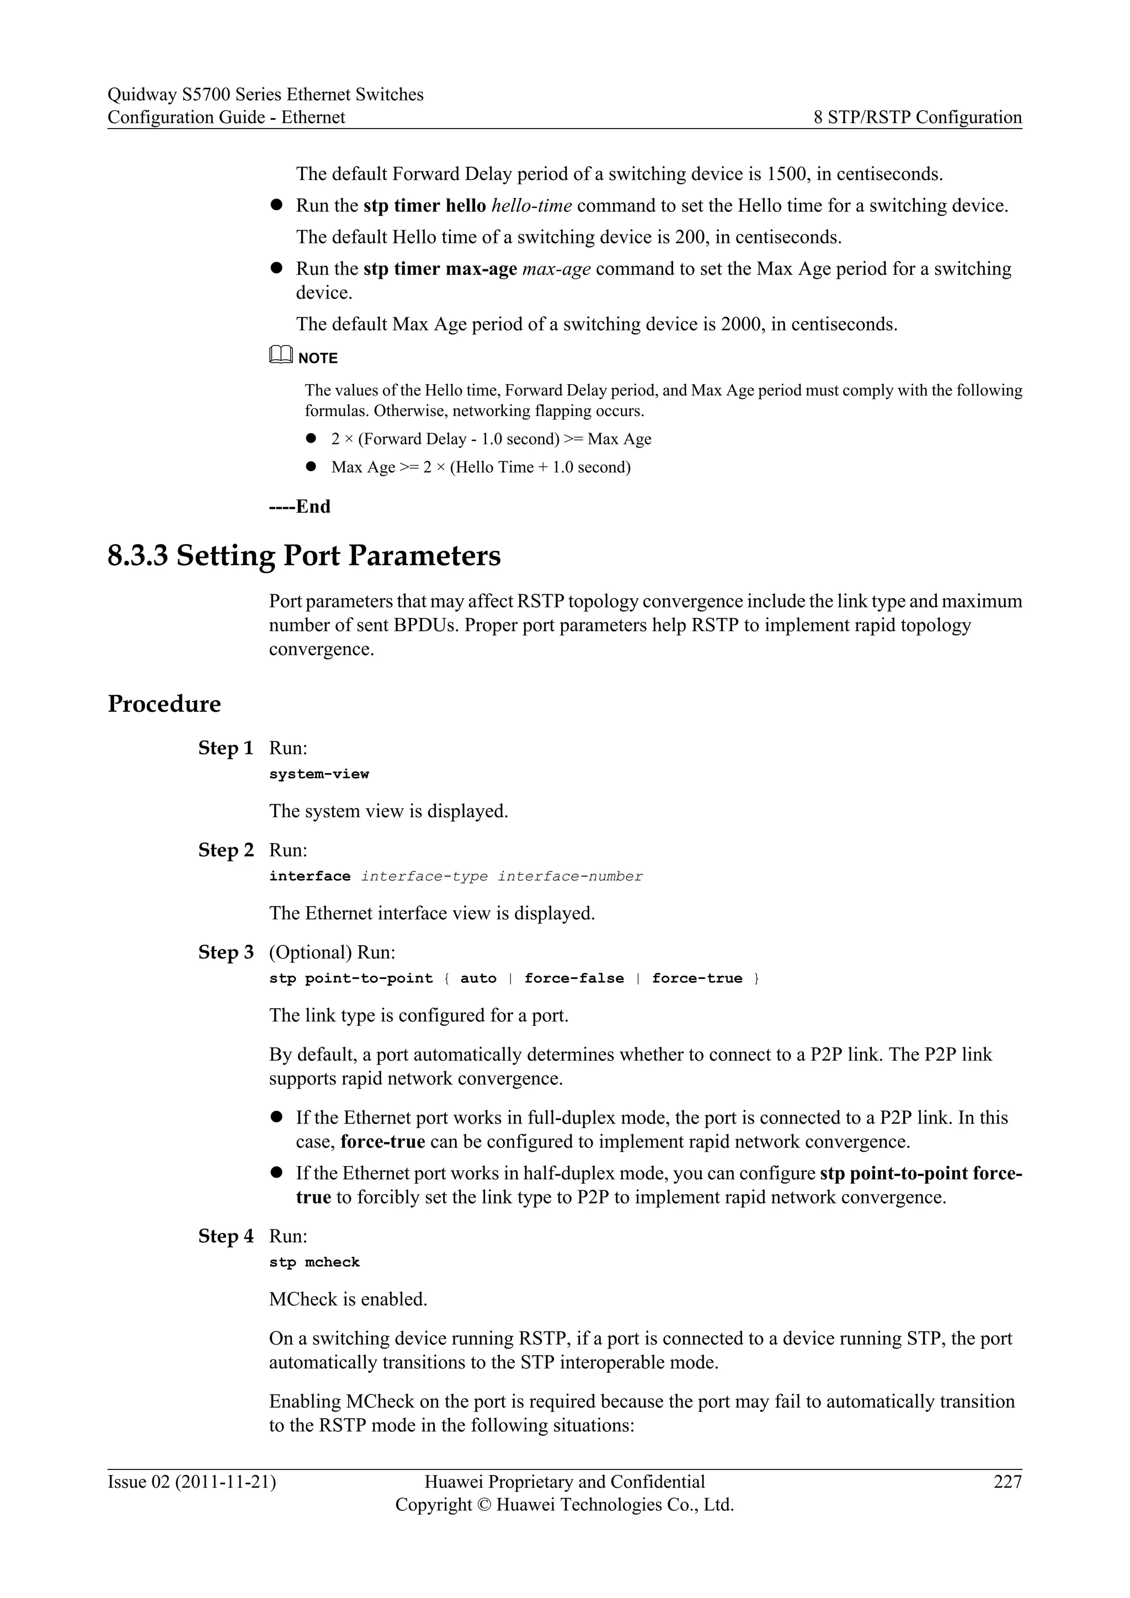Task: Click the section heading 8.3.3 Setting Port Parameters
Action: [304, 556]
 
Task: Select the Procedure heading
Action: [164, 704]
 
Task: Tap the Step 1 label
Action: [226, 748]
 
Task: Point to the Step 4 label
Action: [226, 1236]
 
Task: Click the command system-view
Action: [319, 774]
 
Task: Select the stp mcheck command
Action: [315, 1263]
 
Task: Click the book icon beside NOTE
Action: [280, 356]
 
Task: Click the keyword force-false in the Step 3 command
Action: [574, 978]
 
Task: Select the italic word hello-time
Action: [531, 206]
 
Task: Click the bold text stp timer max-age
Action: [440, 269]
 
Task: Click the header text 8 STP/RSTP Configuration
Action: [918, 117]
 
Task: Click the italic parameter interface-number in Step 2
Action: [570, 876]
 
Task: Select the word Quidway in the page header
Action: [142, 95]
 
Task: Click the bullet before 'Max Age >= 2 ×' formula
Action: [311, 467]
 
